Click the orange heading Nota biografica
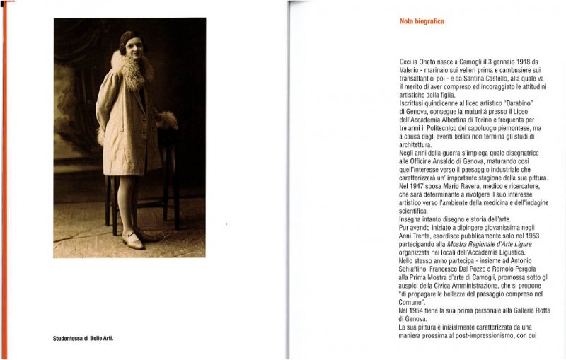pyautogui.click(x=422, y=22)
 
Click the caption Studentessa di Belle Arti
pyautogui.click(x=83, y=339)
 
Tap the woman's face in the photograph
pyautogui.click(x=132, y=45)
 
